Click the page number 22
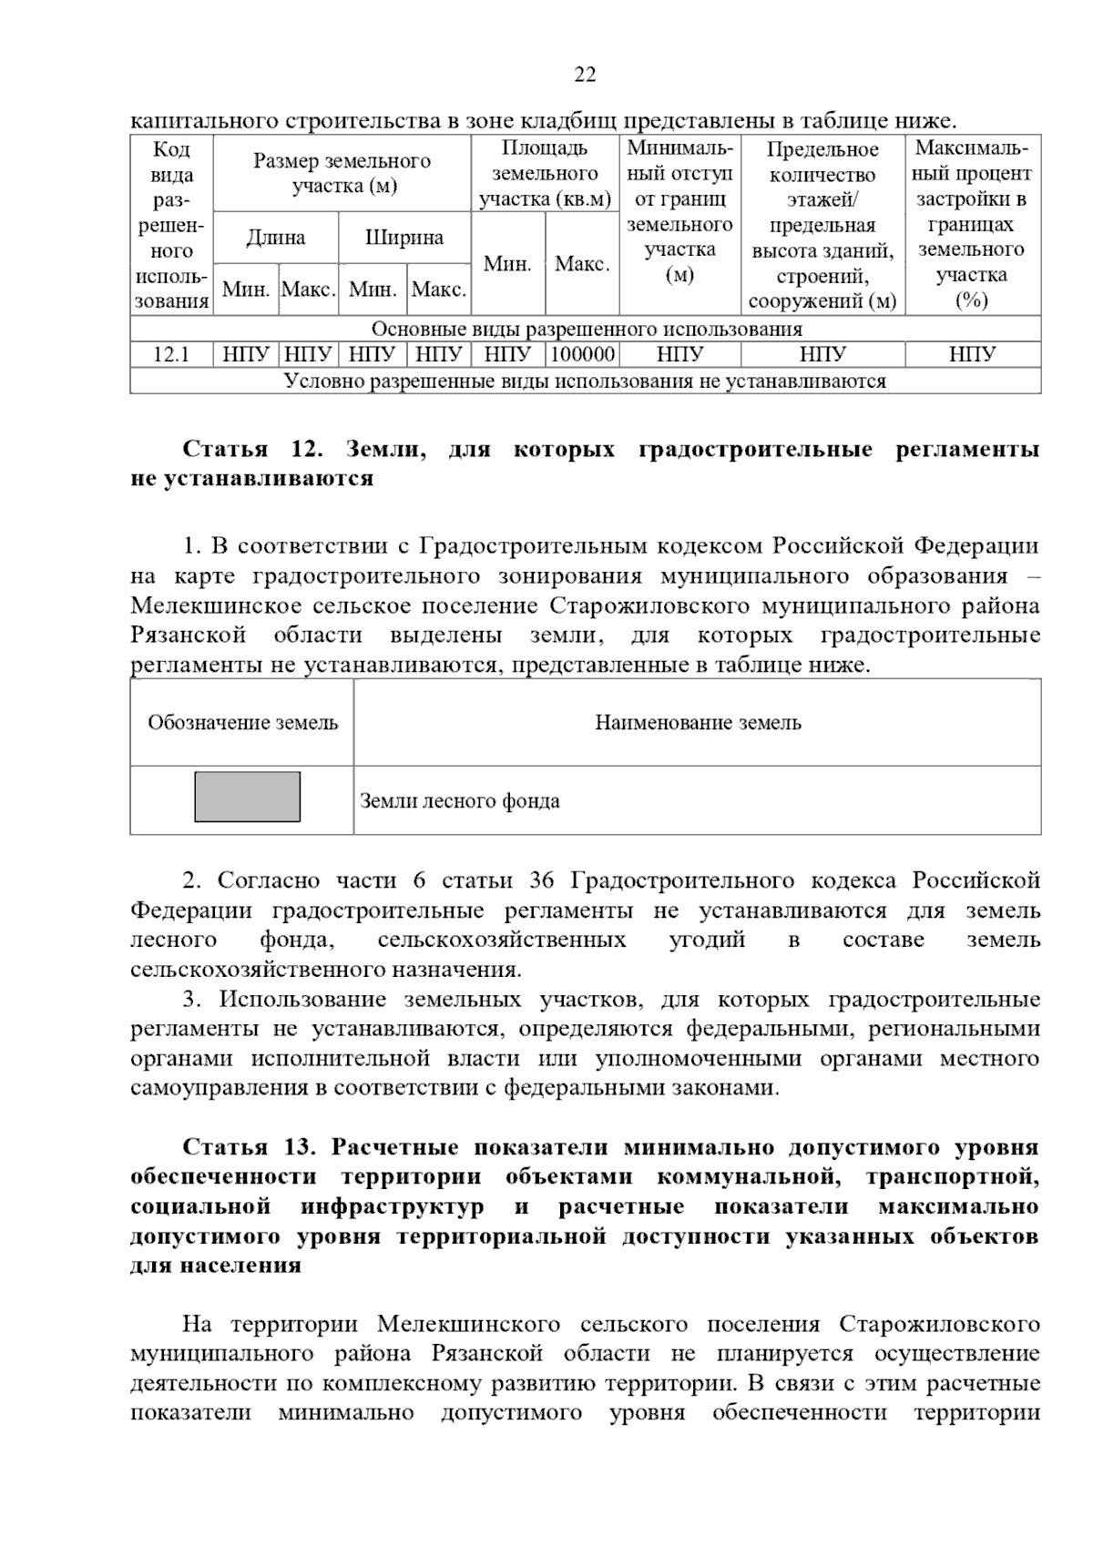(585, 75)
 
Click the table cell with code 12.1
(170, 354)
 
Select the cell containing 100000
(582, 354)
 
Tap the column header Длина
(275, 238)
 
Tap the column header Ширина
(404, 238)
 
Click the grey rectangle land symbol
(247, 797)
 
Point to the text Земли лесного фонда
(459, 801)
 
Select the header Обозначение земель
(242, 723)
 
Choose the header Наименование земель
(698, 723)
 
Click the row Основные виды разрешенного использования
(586, 329)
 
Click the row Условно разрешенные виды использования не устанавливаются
(586, 381)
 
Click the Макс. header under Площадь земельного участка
(582, 264)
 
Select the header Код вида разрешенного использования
(171, 225)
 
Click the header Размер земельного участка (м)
(342, 173)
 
